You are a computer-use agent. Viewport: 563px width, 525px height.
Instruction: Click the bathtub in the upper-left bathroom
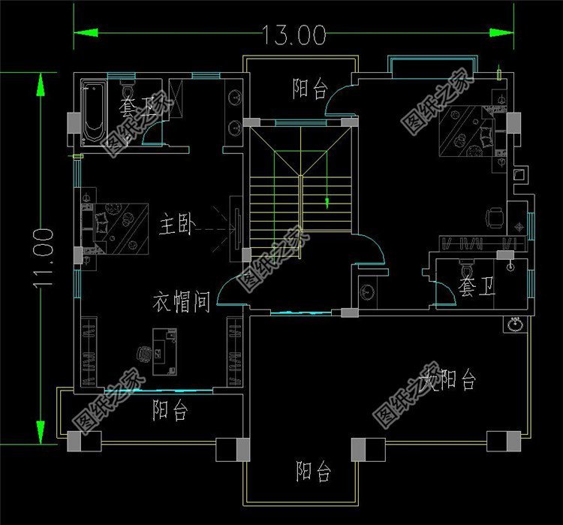[x=92, y=116]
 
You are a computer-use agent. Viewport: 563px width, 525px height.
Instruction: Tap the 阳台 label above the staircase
[x=310, y=90]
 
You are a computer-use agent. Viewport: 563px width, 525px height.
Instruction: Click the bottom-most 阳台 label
[x=314, y=472]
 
